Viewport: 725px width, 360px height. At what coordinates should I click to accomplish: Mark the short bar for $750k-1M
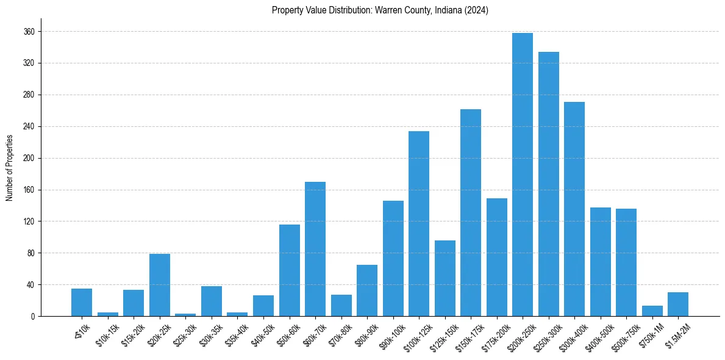(652, 311)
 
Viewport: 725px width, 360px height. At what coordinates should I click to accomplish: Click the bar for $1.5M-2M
(678, 304)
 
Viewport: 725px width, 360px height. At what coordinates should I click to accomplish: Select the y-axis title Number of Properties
(9, 168)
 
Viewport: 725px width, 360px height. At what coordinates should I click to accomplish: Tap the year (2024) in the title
(476, 10)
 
